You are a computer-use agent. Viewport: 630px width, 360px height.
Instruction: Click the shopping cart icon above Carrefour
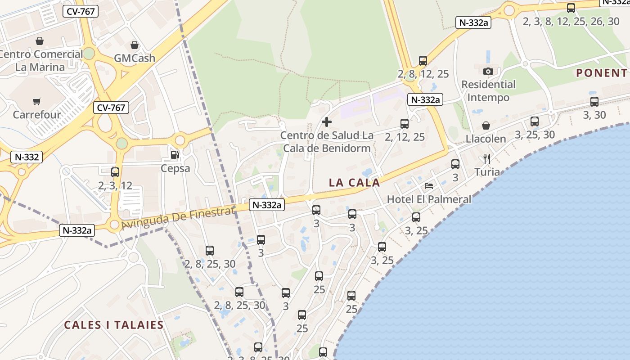(36, 102)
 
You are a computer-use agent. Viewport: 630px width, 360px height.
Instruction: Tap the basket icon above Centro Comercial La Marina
(40, 41)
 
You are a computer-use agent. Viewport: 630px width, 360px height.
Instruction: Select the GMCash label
(134, 58)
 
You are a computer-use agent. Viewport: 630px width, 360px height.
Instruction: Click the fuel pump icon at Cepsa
(175, 155)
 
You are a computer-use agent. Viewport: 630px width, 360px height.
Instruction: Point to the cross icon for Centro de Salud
(327, 121)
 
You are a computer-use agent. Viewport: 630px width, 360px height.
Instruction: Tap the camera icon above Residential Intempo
(488, 71)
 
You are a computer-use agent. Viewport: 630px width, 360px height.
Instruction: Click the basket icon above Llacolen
(486, 126)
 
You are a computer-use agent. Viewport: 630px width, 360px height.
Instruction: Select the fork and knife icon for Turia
(486, 158)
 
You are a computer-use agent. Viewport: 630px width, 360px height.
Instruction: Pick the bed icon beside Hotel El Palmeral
(429, 186)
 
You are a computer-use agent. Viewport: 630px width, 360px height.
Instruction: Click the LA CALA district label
(355, 183)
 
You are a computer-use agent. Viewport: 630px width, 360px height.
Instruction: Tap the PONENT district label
(601, 73)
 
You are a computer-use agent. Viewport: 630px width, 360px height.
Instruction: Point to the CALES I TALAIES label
(113, 325)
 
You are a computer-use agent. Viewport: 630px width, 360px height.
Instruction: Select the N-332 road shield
(27, 157)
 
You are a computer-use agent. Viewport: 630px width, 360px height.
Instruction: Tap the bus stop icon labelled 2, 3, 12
(115, 172)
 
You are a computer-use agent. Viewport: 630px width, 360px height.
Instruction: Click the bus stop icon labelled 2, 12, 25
(405, 124)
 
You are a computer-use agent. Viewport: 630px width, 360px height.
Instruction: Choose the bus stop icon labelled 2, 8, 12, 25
(423, 61)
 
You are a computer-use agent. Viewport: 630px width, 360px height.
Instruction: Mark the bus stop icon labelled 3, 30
(594, 102)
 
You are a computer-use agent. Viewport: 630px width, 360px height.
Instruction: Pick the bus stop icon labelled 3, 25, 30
(535, 121)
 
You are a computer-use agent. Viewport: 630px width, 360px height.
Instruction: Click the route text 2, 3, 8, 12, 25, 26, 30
(571, 21)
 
